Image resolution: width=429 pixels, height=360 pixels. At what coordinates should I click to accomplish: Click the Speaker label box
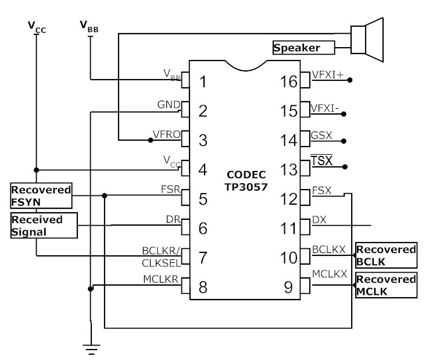(303, 48)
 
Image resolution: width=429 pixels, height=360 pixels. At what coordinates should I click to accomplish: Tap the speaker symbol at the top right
(367, 40)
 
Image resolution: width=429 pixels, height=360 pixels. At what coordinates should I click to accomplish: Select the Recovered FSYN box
(41, 196)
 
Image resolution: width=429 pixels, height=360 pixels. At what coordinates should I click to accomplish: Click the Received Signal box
(44, 226)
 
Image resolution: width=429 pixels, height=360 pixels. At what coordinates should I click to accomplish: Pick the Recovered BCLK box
(386, 255)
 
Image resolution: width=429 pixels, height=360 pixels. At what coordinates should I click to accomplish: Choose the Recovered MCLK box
(386, 285)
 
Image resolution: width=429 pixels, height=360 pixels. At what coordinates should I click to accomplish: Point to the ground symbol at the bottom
(91, 350)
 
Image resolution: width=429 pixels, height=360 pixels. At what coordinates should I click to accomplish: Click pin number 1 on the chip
(203, 81)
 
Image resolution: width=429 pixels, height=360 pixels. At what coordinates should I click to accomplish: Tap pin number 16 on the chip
(288, 81)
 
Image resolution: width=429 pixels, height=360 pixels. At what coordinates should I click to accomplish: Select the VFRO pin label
(166, 134)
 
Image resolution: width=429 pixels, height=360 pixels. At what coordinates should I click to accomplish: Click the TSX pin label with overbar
(321, 160)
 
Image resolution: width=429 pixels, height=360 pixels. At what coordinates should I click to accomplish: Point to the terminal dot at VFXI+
(350, 80)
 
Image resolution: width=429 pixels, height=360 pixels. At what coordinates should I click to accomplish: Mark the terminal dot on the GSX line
(344, 141)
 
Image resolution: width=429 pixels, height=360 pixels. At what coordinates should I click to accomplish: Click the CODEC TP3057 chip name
(246, 181)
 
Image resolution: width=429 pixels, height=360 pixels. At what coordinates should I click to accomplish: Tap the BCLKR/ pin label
(161, 251)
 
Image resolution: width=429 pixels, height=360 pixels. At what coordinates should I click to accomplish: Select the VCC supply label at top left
(37, 27)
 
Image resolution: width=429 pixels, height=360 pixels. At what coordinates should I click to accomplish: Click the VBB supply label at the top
(89, 27)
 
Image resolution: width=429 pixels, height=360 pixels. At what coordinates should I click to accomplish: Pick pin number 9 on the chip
(288, 287)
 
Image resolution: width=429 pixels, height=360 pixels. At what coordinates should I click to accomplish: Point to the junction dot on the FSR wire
(105, 196)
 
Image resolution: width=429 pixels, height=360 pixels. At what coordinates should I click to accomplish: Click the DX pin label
(319, 220)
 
